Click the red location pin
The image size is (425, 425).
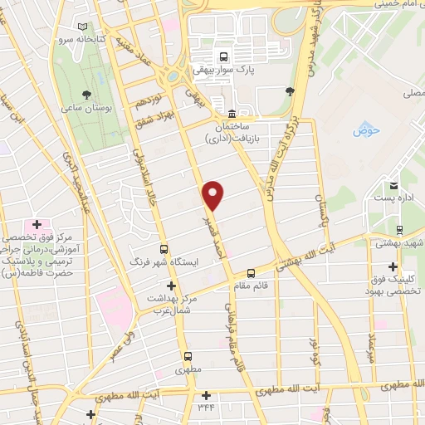[x=213, y=194]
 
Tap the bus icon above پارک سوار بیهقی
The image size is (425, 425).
[x=222, y=56]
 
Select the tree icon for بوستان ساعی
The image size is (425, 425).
[x=86, y=95]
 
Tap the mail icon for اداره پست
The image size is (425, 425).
[x=393, y=185]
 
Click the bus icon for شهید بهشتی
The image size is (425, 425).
[x=400, y=231]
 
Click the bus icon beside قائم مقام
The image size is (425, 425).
[x=251, y=272]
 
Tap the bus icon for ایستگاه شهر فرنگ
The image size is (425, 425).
[x=164, y=248]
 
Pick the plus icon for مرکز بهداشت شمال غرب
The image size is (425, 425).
[x=170, y=286]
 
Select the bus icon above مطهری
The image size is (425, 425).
[x=188, y=359]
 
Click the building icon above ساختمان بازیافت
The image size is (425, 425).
[x=230, y=114]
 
